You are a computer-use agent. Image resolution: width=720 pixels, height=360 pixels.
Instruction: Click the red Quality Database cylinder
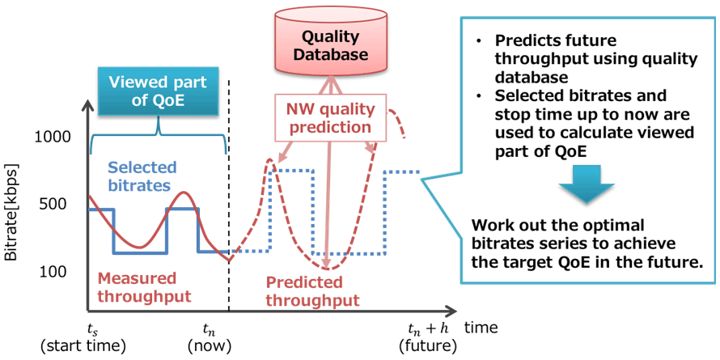point(330,44)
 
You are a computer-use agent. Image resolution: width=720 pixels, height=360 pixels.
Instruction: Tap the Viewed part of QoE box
point(158,92)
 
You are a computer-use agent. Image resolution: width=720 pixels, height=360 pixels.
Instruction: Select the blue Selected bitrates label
point(137,176)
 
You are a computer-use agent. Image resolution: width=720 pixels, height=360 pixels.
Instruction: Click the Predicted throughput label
point(312,291)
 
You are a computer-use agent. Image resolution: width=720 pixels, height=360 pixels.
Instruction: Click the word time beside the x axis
point(481,328)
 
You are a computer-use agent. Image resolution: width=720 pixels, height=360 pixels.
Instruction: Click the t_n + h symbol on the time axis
point(427,329)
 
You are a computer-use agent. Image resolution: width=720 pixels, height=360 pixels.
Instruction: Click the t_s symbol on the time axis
point(93,329)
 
